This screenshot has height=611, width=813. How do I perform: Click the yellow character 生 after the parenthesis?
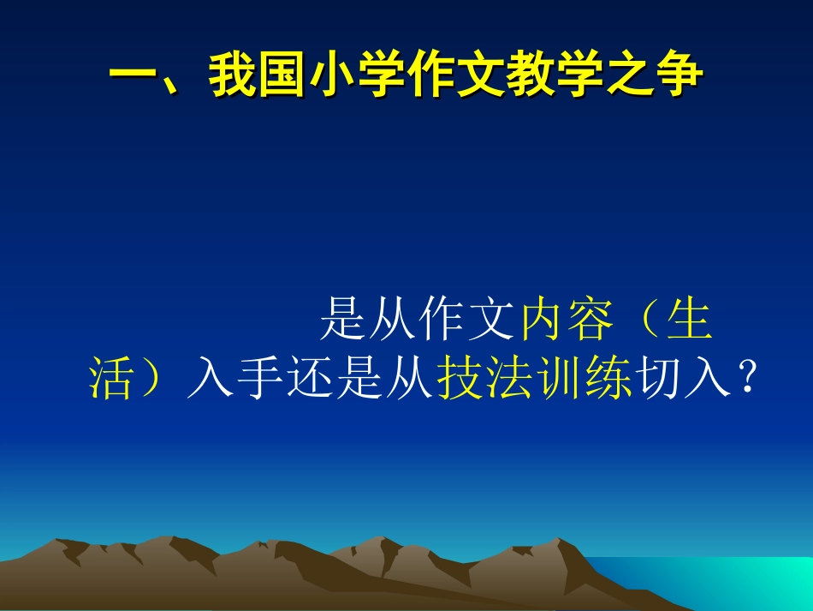pos(690,323)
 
